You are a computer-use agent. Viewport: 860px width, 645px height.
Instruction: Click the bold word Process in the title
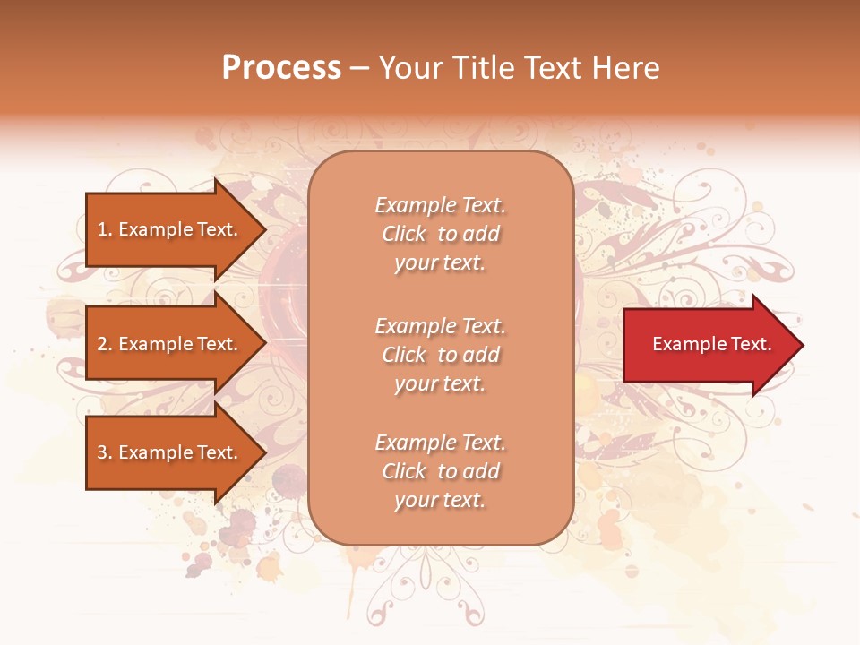click(281, 68)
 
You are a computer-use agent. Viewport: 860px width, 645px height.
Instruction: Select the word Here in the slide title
click(627, 68)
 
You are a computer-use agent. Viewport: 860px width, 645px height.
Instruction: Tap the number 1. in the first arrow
click(105, 229)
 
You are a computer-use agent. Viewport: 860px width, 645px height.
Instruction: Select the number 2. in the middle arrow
click(105, 344)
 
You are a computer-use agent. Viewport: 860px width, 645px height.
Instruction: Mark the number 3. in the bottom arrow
click(105, 452)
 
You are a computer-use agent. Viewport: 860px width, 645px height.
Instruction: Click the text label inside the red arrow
click(711, 344)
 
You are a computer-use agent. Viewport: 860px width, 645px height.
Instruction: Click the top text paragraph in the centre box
click(440, 234)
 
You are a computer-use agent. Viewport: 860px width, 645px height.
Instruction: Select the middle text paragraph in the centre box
click(440, 355)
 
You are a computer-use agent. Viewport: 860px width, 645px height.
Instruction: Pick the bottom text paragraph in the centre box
click(440, 471)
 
